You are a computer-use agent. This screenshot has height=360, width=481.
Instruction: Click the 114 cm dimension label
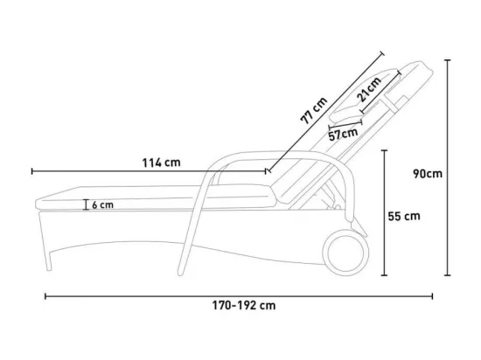coord(162,163)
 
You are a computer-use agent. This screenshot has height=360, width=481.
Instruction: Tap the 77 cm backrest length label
coord(314,110)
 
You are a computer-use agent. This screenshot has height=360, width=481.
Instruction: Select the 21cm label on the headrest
coord(369,89)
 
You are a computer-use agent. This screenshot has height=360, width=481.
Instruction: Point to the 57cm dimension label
coord(344,134)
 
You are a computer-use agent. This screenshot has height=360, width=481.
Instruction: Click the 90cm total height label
coord(428,174)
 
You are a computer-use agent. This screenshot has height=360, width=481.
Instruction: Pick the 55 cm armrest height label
coord(404,217)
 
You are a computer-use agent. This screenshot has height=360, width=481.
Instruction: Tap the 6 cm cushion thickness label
coord(103,205)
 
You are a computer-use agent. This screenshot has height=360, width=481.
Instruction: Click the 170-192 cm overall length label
coord(244,306)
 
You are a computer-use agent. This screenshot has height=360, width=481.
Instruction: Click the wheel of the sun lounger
coord(345,253)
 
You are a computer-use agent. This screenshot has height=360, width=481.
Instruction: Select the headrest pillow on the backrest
coord(364,95)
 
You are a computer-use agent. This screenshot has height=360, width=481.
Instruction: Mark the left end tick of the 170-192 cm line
coord(45,296)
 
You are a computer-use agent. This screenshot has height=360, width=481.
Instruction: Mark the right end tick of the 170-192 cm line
coord(432,296)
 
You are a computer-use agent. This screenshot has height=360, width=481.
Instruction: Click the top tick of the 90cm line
coord(448,60)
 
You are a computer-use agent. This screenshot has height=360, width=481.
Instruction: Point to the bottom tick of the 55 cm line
coord(384,275)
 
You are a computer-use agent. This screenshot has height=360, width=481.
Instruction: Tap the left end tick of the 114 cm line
coord(32,171)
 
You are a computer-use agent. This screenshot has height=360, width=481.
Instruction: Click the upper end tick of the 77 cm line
coord(381,54)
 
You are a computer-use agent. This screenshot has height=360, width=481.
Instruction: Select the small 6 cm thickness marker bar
coord(86,204)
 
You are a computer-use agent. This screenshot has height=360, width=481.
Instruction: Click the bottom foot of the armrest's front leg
coord(181,272)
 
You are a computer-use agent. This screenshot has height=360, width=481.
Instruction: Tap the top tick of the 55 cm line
coord(384,150)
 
